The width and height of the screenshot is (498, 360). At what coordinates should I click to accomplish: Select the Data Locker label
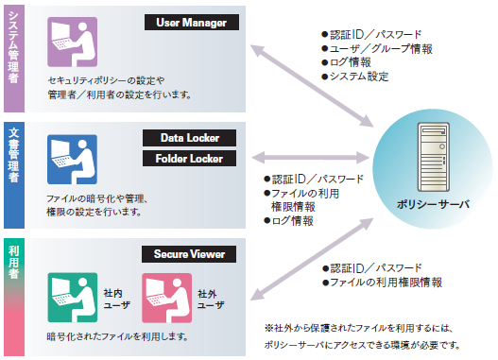(184, 138)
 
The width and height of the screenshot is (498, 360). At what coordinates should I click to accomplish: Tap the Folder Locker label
(184, 158)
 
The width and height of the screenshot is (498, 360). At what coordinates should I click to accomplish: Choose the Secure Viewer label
(184, 254)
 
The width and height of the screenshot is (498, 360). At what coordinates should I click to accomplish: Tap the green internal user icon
(72, 296)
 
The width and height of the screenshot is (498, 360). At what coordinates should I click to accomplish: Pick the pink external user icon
(166, 296)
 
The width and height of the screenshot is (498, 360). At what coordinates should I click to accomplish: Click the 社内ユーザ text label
(112, 300)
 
